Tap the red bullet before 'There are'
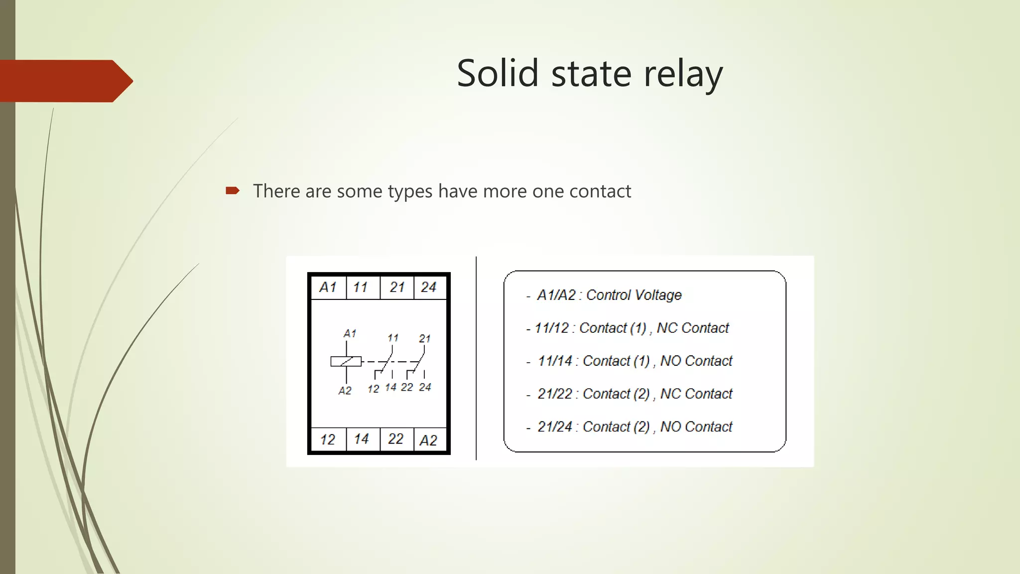click(x=232, y=190)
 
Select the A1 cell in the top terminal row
click(x=328, y=287)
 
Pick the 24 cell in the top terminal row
click(x=429, y=287)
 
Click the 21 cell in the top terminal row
click(x=397, y=287)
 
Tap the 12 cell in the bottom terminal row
click(x=328, y=439)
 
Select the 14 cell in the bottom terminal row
click(x=362, y=439)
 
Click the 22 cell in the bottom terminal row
click(x=396, y=439)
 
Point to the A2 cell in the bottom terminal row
click(x=429, y=440)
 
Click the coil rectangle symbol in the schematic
click(x=346, y=361)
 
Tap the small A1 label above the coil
click(x=350, y=333)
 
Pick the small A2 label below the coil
click(x=345, y=391)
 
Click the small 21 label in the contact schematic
click(x=425, y=339)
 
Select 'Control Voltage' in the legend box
click(x=634, y=295)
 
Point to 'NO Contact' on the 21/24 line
click(x=696, y=427)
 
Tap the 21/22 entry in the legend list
click(x=555, y=394)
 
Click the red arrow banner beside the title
click(x=65, y=81)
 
